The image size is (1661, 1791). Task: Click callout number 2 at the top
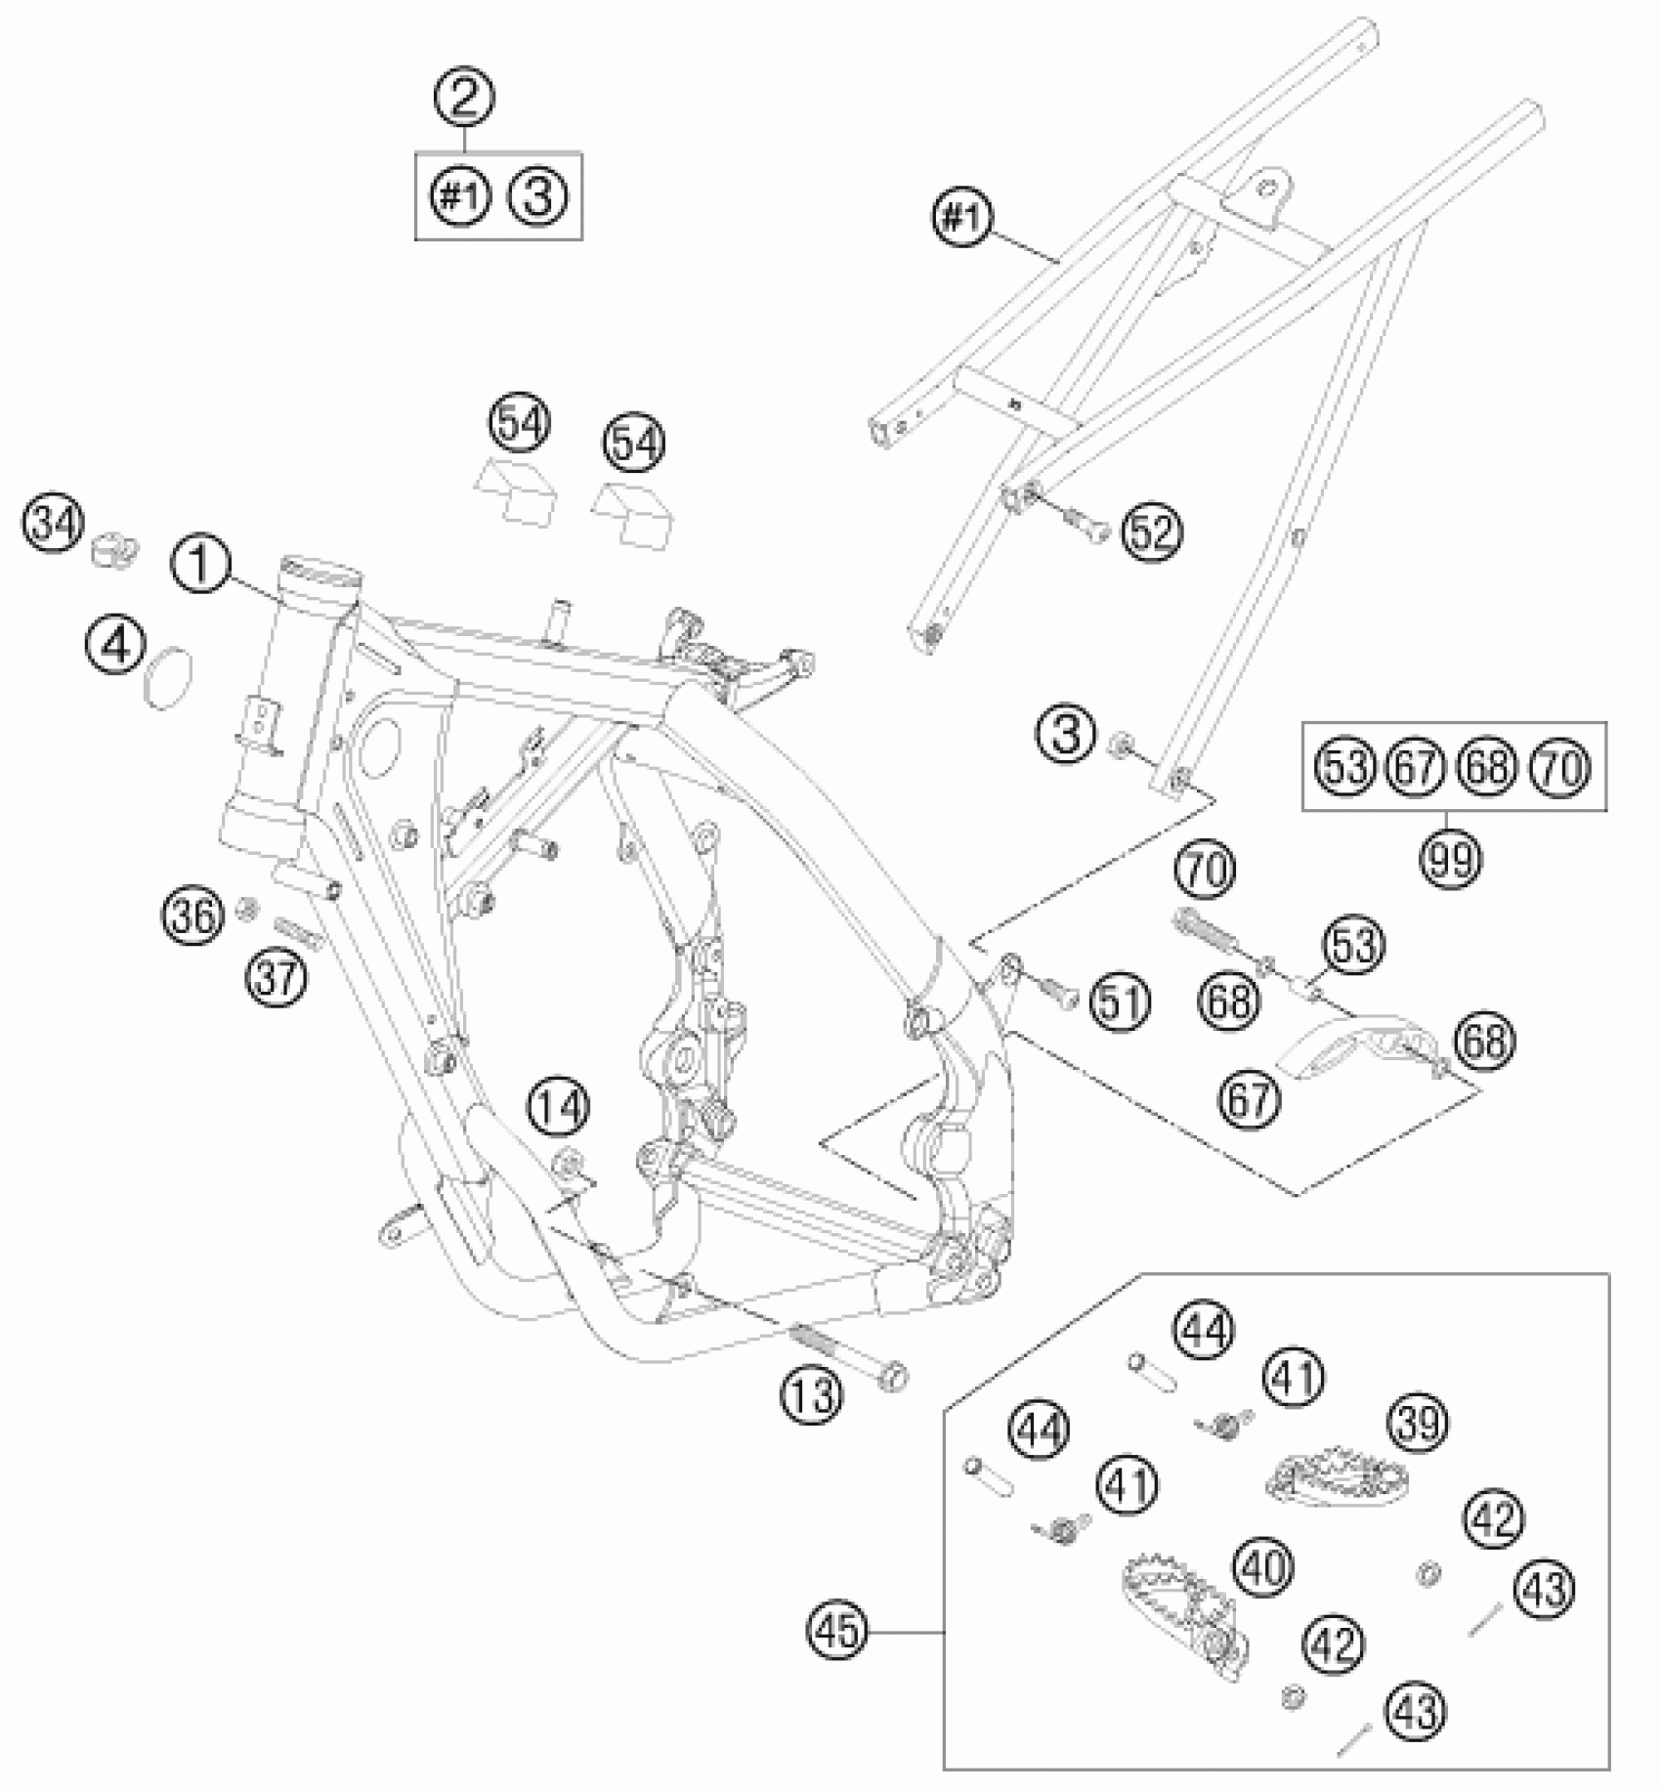(465, 97)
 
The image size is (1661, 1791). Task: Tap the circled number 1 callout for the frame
(200, 566)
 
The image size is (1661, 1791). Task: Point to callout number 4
(114, 646)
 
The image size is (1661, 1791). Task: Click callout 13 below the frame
(812, 1395)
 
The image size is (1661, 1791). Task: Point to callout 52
(1152, 533)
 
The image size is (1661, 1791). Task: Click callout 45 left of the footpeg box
(838, 1632)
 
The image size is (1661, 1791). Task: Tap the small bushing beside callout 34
(114, 550)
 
